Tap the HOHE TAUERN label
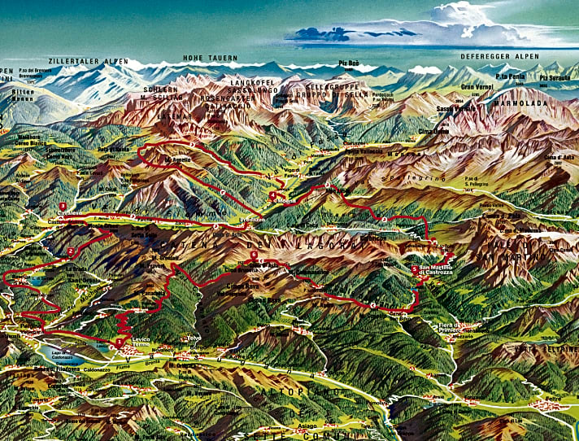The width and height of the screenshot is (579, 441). coord(210,59)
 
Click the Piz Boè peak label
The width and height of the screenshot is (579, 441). coord(349,63)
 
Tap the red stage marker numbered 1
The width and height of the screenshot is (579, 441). coord(120,343)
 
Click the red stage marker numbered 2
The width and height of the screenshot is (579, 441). coord(72,251)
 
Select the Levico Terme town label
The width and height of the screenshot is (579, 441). coord(141,346)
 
